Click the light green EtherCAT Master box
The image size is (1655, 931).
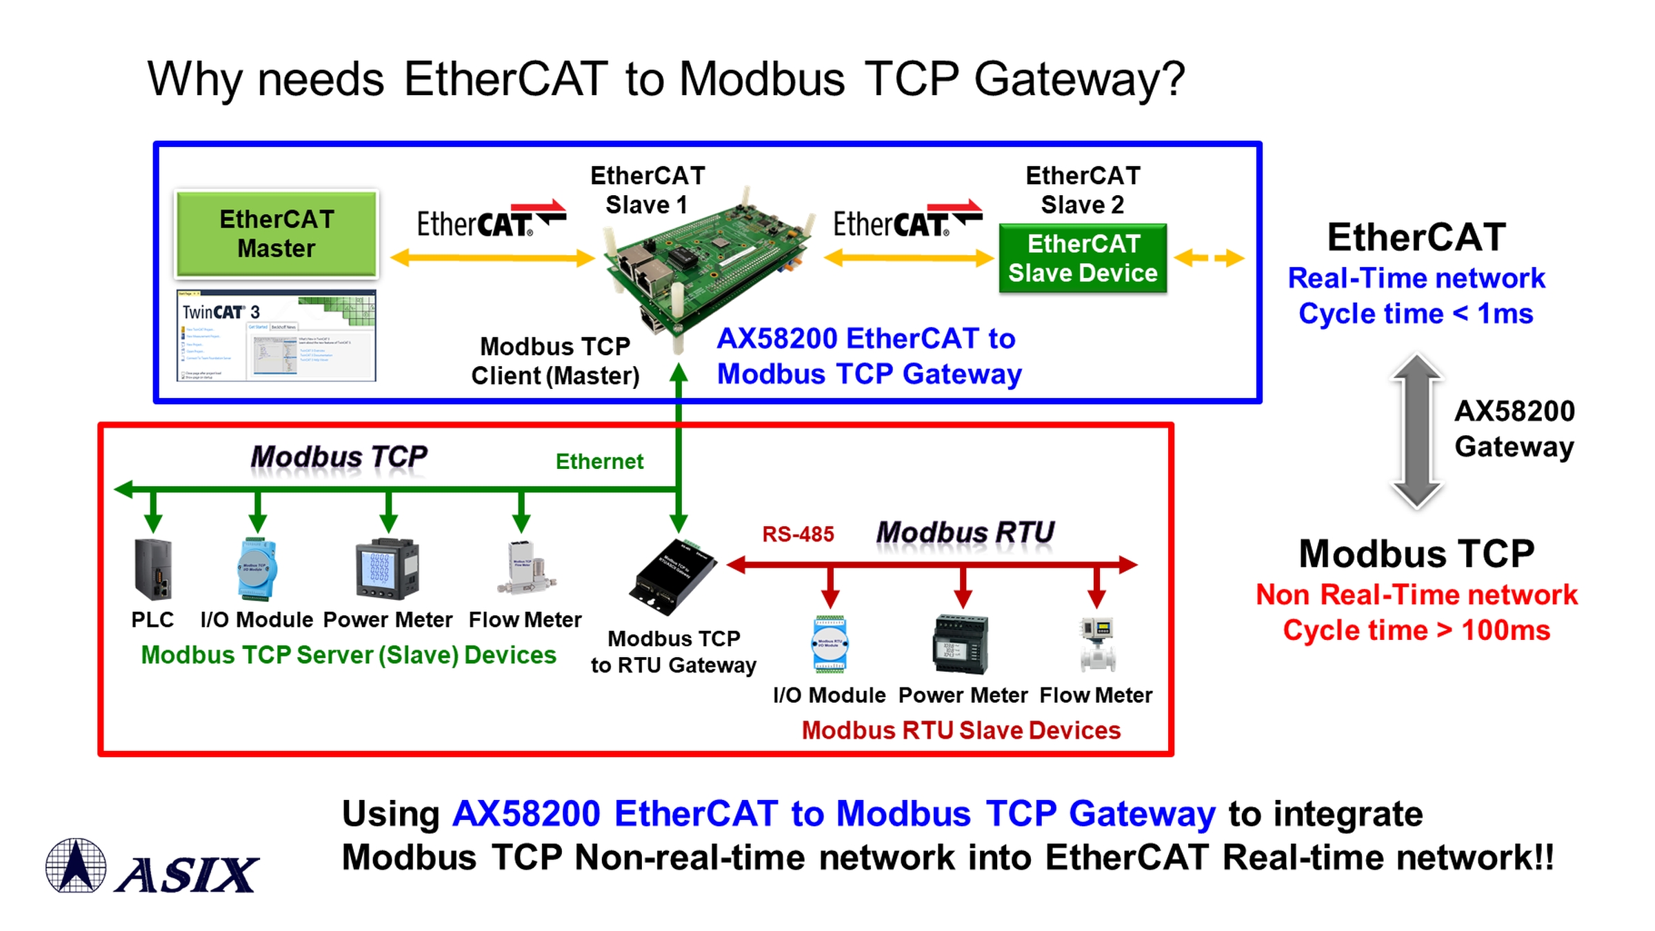click(277, 234)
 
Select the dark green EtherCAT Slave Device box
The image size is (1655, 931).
click(1083, 259)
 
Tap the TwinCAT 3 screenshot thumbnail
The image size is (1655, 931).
click(277, 336)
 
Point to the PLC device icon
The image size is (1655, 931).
click(153, 570)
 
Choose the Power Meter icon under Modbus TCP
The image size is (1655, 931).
click(387, 570)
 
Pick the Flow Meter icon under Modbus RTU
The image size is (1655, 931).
click(1097, 645)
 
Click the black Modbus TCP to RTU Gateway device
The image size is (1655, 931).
click(672, 577)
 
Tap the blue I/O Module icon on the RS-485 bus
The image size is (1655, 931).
click(830, 645)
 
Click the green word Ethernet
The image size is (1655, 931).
click(599, 461)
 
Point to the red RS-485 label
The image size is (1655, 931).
click(798, 534)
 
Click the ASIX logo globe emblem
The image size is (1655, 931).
click(76, 865)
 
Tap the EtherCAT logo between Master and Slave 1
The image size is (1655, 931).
click(491, 221)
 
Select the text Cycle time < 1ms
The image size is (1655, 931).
click(1416, 314)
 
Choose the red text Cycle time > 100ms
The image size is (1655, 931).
click(1416, 630)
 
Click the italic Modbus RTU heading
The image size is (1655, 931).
click(965, 533)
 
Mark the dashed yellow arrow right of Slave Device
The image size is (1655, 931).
click(1210, 259)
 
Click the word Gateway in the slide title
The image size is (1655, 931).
click(1079, 80)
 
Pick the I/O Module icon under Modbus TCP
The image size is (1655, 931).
click(257, 570)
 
